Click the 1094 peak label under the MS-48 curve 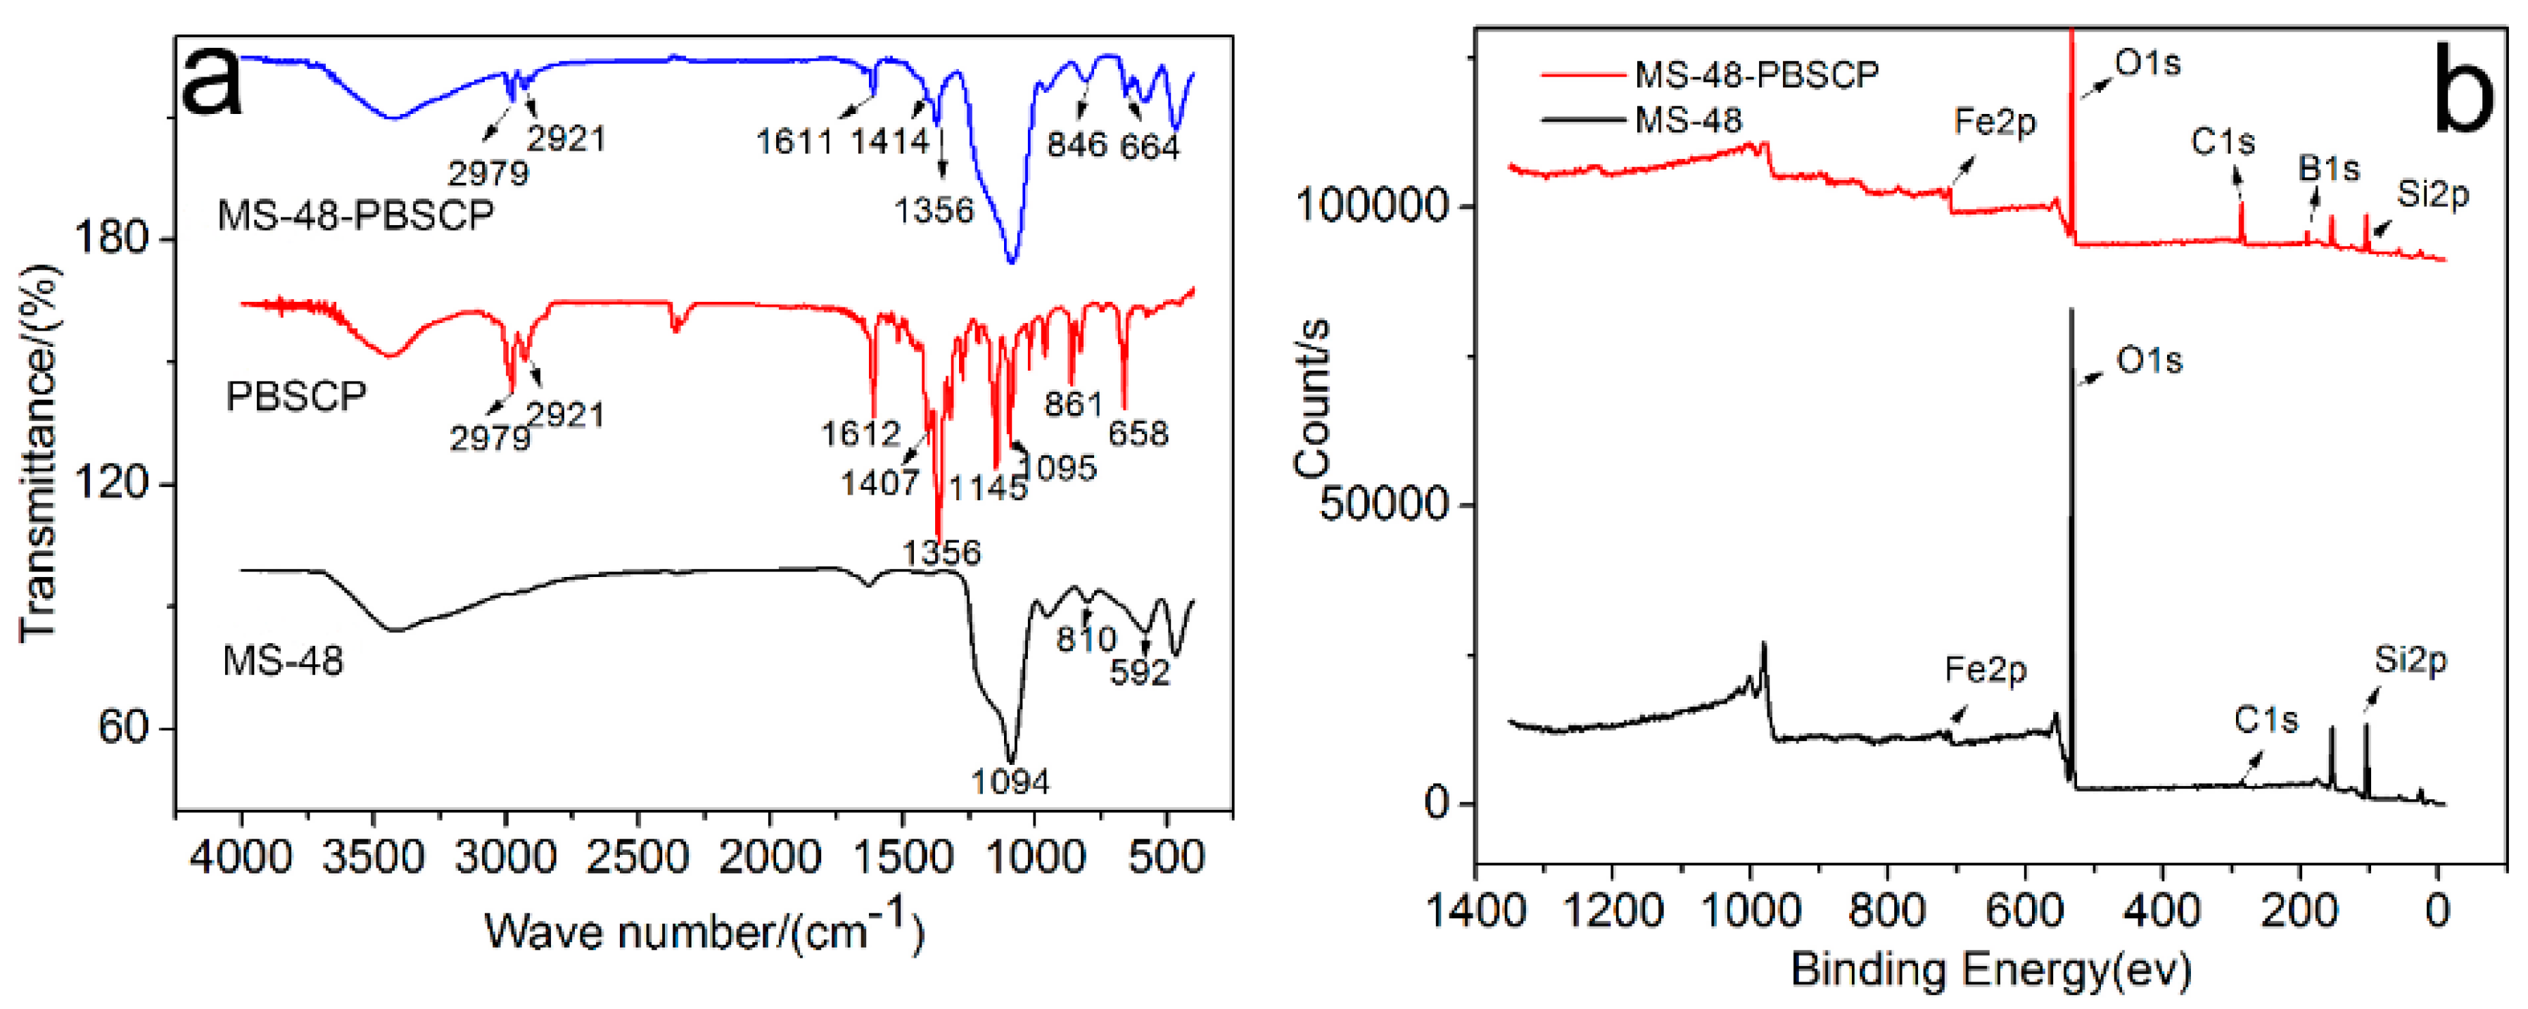[1010, 782]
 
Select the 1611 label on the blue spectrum [794, 142]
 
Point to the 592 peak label [1141, 673]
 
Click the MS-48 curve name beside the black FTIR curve [283, 661]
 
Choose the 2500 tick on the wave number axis [638, 858]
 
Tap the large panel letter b [2463, 94]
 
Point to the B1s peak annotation [2327, 169]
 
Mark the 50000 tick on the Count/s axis [1384, 504]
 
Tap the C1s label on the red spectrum [2222, 142]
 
